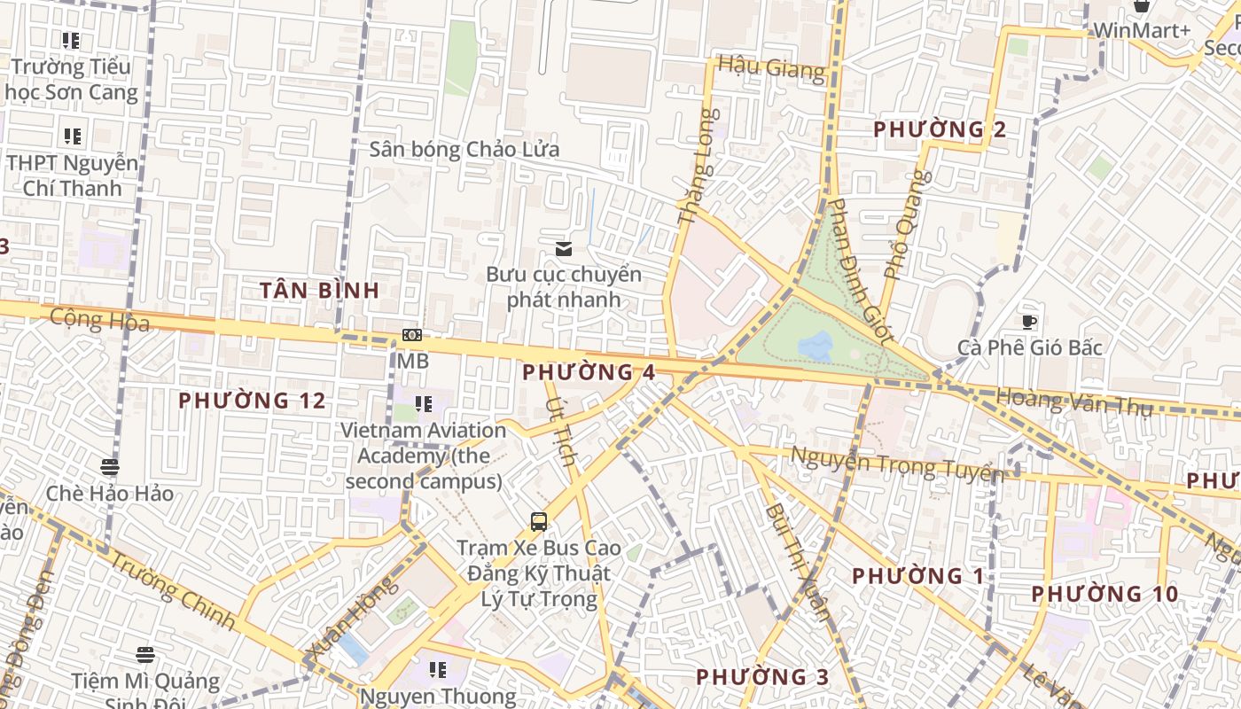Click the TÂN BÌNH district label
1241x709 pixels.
click(320, 290)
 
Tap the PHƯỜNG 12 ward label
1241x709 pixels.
click(252, 401)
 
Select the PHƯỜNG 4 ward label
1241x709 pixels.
click(589, 372)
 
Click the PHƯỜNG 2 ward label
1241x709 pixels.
click(940, 130)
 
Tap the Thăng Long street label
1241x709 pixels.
click(695, 166)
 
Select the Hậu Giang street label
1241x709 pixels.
click(771, 67)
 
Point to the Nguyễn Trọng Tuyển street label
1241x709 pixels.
click(895, 464)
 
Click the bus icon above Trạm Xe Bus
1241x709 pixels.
click(538, 521)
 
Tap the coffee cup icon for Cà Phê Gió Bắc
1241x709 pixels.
click(1028, 322)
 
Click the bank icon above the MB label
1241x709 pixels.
click(411, 335)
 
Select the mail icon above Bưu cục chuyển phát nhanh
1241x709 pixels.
click(563, 249)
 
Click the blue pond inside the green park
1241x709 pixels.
click(816, 346)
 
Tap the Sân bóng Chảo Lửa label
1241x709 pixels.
click(464, 149)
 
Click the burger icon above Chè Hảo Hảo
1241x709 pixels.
click(110, 466)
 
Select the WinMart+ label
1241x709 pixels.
click(1141, 31)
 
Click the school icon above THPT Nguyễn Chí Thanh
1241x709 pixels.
click(73, 136)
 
